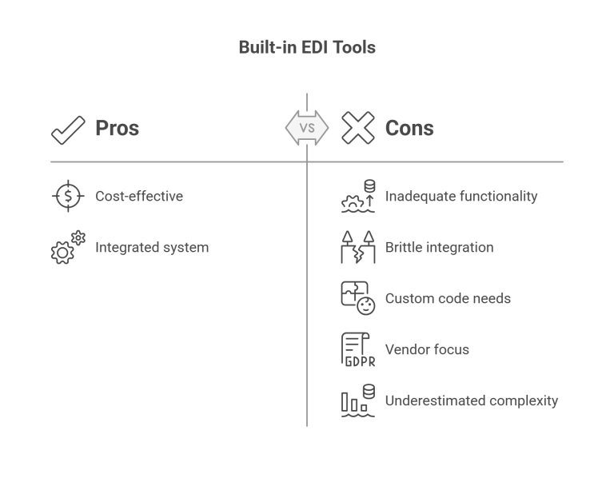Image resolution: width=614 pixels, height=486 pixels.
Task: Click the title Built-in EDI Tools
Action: [x=307, y=48]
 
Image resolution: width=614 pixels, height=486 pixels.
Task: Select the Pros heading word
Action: [x=118, y=128]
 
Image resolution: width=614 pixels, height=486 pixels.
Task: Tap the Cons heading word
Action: [x=409, y=128]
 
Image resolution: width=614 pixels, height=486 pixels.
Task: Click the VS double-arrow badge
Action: [x=307, y=128]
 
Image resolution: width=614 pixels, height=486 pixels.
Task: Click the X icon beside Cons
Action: [x=358, y=128]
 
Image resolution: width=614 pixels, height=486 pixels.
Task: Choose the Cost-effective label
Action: [x=139, y=196]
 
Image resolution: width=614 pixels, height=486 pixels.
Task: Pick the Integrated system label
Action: [x=152, y=247]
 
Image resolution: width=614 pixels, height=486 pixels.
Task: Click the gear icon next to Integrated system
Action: [x=66, y=248]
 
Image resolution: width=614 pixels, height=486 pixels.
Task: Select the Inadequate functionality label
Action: [x=461, y=196]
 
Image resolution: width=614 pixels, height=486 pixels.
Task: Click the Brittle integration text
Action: [x=439, y=247]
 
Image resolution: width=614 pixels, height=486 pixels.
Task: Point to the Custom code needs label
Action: [x=448, y=298]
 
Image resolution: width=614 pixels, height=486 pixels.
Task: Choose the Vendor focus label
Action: [x=427, y=349]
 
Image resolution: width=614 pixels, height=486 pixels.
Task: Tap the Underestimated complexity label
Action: [x=472, y=400]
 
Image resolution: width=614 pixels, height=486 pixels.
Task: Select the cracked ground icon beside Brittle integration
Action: [x=357, y=248]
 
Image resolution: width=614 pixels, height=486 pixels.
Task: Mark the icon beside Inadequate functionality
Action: [x=357, y=196]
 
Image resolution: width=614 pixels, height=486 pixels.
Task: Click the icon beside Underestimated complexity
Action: [x=357, y=401]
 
